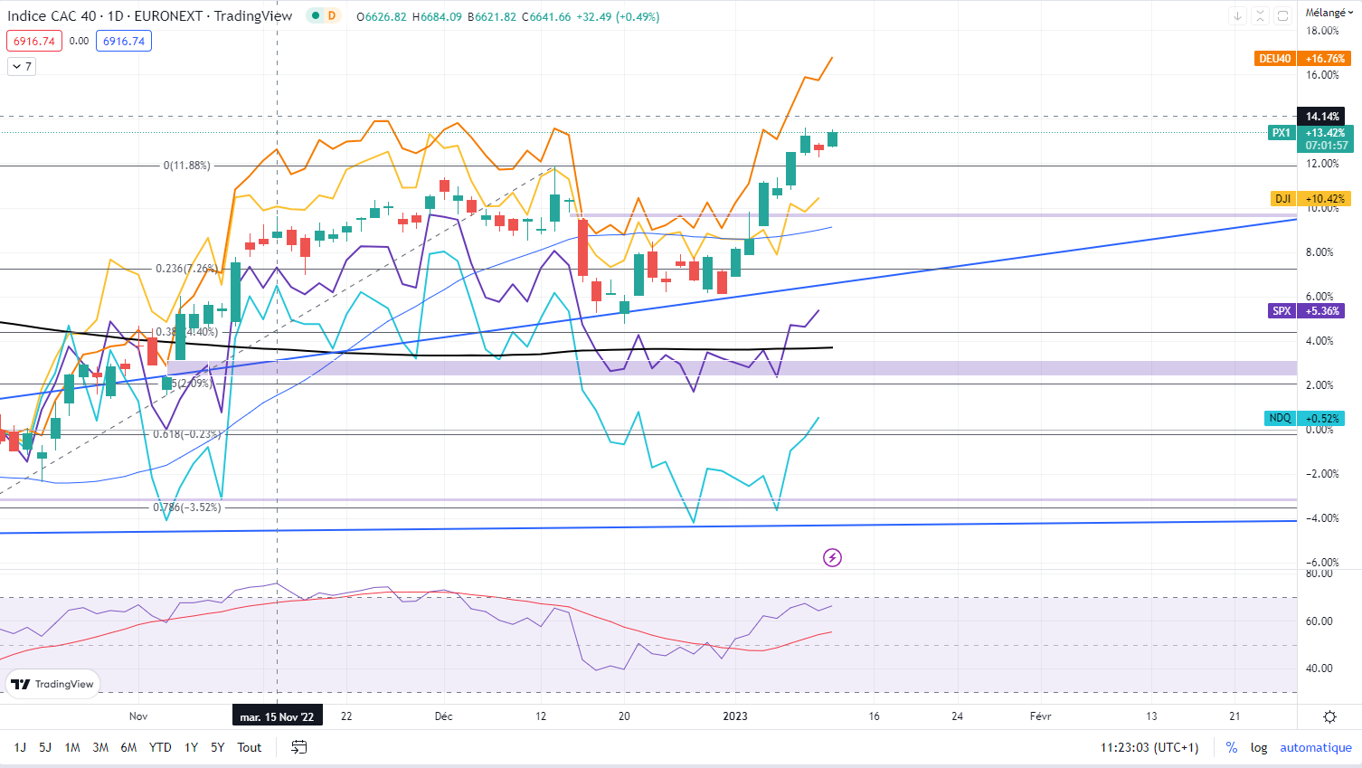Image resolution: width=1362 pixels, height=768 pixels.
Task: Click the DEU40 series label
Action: click(1275, 59)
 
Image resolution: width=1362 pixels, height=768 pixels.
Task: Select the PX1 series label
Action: click(1282, 133)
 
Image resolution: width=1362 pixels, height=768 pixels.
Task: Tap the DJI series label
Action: click(1282, 198)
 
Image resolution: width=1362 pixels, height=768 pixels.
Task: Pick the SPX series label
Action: click(1282, 310)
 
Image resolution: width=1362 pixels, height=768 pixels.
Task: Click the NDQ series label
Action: click(1280, 418)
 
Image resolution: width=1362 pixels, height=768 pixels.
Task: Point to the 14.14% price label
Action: click(1322, 117)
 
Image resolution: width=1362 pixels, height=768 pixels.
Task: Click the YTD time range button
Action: click(160, 747)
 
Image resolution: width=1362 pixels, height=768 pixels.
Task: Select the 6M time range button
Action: click(128, 747)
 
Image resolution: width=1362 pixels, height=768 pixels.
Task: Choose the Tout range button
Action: click(250, 747)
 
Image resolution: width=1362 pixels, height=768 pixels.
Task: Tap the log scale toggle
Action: click(1259, 747)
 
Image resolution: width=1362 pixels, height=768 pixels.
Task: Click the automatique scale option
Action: click(1315, 747)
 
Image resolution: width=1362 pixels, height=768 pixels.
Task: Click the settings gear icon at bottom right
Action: click(1329, 716)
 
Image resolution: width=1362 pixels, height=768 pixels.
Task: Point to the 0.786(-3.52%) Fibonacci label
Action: click(186, 507)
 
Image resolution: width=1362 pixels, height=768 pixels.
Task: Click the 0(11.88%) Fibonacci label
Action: click(186, 166)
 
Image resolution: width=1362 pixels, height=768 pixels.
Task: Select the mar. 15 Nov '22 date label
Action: click(277, 716)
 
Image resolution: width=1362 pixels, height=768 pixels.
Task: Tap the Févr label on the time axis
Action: click(1040, 716)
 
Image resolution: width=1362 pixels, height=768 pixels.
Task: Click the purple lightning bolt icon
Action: click(832, 557)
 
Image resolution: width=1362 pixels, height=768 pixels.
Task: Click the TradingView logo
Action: click(52, 684)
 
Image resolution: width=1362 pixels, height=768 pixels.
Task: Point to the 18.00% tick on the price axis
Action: click(1322, 31)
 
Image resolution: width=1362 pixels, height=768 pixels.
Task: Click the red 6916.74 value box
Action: click(34, 41)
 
